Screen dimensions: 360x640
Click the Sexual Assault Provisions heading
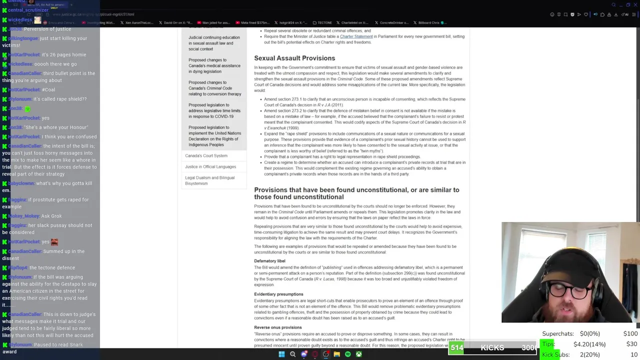pos(294,58)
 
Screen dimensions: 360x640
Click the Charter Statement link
pos(356,36)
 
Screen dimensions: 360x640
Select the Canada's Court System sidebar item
pos(206,155)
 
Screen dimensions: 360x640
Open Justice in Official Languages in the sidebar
pos(210,166)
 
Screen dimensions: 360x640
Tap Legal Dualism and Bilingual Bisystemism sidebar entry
pos(209,180)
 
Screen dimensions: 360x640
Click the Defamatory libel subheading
pos(269,261)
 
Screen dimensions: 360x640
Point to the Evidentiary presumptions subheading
pos(278,294)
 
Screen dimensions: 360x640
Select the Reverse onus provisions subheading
pos(277,327)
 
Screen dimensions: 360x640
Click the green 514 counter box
pos(456,347)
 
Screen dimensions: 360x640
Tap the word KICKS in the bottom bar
pos(492,347)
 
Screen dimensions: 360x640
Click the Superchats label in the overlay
pos(557,333)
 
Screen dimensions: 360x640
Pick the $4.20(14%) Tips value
pos(589,344)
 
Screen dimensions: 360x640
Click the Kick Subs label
pos(555,354)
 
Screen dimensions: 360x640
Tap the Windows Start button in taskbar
pos(281,354)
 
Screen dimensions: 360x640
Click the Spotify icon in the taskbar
pos(347,354)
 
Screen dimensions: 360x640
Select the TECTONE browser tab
pos(324,22)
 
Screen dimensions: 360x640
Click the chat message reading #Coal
pos(48,90)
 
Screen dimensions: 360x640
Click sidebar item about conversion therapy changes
pos(214,88)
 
